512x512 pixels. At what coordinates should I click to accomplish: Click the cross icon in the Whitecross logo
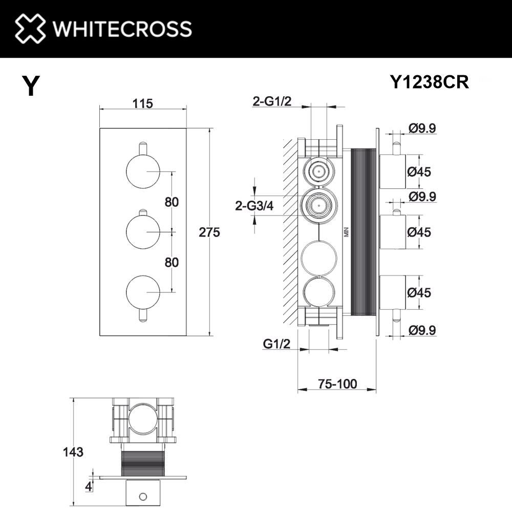[x=30, y=28]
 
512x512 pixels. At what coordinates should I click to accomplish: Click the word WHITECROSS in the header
[x=122, y=29]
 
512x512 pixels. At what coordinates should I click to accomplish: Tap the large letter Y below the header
[x=31, y=86]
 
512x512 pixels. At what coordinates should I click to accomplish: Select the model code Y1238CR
[x=429, y=82]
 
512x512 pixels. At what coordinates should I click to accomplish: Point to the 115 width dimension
[x=142, y=103]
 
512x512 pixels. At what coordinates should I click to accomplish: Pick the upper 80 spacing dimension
[x=172, y=202]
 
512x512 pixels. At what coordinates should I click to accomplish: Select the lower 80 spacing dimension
[x=172, y=263]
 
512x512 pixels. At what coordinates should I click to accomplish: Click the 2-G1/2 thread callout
[x=272, y=102]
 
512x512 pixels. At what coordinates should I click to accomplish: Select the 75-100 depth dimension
[x=336, y=383]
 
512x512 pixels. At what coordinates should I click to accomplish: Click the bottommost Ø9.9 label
[x=422, y=331]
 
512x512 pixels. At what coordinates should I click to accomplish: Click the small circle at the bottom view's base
[x=143, y=496]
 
